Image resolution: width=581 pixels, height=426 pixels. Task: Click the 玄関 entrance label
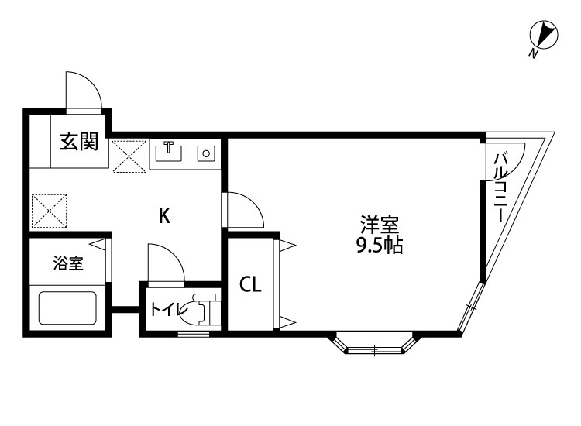click(79, 142)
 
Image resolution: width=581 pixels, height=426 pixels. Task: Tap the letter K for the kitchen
click(164, 216)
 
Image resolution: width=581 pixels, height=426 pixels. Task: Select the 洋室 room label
click(379, 226)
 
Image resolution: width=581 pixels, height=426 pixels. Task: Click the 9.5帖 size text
click(379, 247)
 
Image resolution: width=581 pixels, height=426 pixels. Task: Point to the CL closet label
click(249, 285)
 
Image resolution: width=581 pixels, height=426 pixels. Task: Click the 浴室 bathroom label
click(68, 263)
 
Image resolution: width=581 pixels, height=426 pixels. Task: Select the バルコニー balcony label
click(500, 188)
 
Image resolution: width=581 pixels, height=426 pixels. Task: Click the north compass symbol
click(544, 35)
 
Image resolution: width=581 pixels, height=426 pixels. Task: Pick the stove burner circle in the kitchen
click(206, 153)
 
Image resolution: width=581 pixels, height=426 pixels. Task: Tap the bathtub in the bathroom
click(68, 307)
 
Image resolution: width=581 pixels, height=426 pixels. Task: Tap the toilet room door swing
click(165, 262)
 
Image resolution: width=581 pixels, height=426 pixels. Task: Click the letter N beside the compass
click(532, 53)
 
